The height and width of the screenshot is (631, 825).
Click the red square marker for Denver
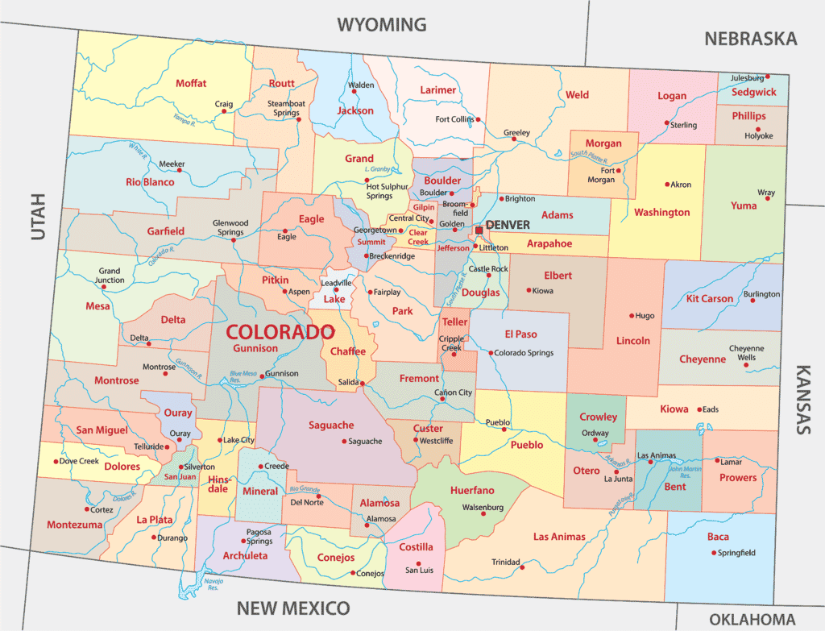[x=479, y=230]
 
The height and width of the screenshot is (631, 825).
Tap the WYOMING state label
[x=381, y=24]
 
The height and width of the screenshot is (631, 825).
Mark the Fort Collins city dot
[x=479, y=119]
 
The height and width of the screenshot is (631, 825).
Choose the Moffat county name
[x=191, y=83]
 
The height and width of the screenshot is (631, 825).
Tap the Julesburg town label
[x=746, y=78]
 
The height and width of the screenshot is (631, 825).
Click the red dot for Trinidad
[x=523, y=567]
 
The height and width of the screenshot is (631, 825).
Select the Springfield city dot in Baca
[x=714, y=553]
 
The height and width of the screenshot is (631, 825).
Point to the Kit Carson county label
[x=710, y=299]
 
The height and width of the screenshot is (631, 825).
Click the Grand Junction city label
[x=109, y=276]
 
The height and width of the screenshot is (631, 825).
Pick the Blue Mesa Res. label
[x=247, y=375]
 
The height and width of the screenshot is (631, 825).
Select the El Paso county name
[x=520, y=334]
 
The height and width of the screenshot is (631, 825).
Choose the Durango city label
[x=172, y=538]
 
